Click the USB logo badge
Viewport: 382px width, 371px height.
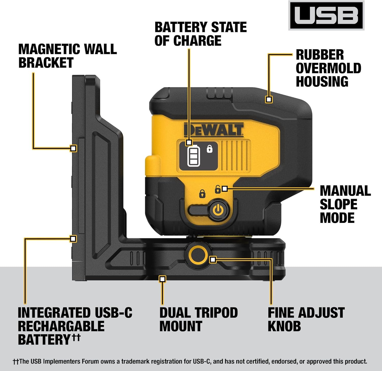pyautogui.click(x=326, y=15)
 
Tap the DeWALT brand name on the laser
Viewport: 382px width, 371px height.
pyautogui.click(x=213, y=130)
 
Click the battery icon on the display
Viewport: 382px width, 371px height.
pyautogui.click(x=194, y=156)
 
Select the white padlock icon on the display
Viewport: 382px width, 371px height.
pyautogui.click(x=210, y=149)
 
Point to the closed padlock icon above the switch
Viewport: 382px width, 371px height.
pyautogui.click(x=202, y=194)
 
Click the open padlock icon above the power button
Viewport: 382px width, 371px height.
pyautogui.click(x=217, y=189)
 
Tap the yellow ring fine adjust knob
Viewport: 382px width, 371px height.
pyautogui.click(x=198, y=254)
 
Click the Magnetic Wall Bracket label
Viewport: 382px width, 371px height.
pyautogui.click(x=67, y=56)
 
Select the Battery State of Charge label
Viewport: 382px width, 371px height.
pyautogui.click(x=200, y=34)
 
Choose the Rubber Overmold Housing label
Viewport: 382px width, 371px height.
pyautogui.click(x=328, y=68)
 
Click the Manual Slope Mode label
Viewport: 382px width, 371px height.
pyautogui.click(x=345, y=204)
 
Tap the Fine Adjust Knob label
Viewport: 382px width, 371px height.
pyautogui.click(x=306, y=319)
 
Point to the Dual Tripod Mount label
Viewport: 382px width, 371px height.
pyautogui.click(x=198, y=319)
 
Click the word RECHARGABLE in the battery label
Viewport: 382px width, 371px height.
pyautogui.click(x=61, y=326)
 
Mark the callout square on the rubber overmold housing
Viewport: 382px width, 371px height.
pyautogui.click(x=269, y=99)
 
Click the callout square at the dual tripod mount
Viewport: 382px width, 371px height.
pyautogui.click(x=162, y=279)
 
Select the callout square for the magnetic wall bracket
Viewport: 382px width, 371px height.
pyautogui.click(x=73, y=148)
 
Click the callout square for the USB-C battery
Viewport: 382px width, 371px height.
pyautogui.click(x=73, y=239)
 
